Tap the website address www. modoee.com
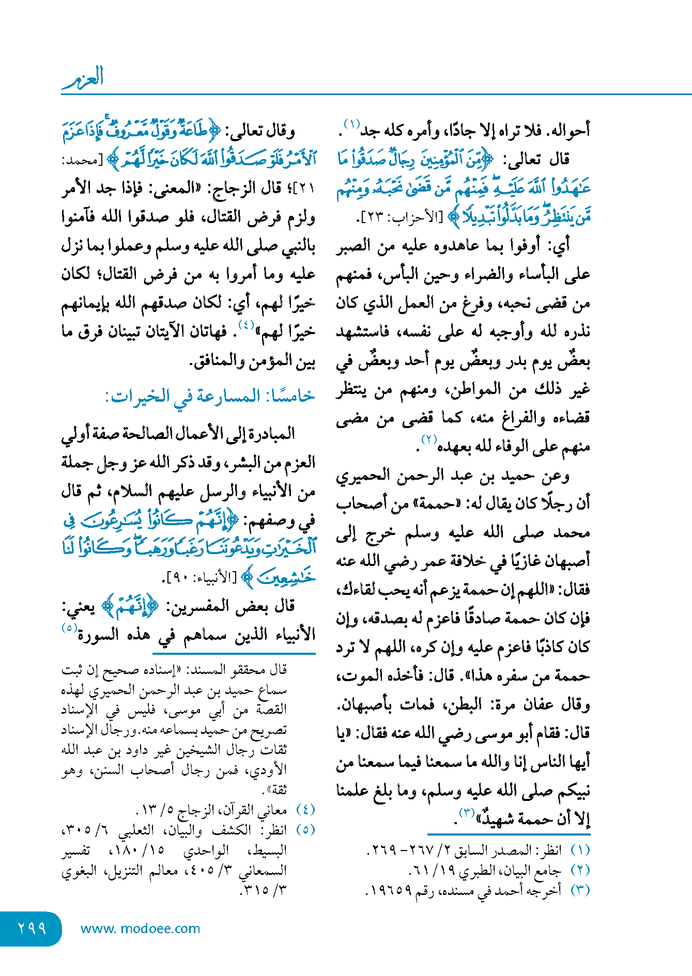coord(140,928)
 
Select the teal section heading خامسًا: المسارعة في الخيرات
coord(210,396)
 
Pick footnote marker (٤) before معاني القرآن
coord(305,809)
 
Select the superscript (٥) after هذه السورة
coord(69,628)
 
